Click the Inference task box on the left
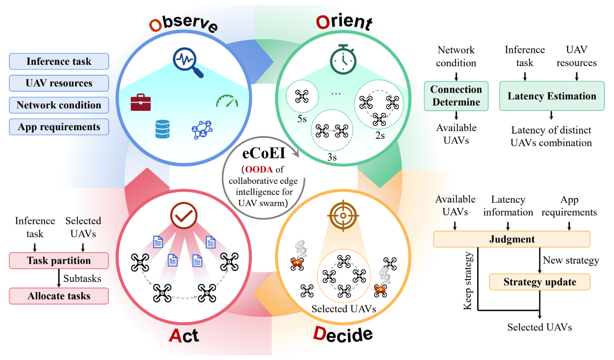pos(59,61)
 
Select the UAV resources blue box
pos(59,83)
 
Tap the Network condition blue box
pos(59,105)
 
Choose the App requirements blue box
pos(59,127)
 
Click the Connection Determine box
pos(456,96)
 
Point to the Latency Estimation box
pos(552,96)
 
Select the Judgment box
pos(511,239)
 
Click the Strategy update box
pos(539,282)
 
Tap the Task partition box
pos(59,261)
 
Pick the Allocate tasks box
pos(59,296)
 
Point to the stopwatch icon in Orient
pos(343,59)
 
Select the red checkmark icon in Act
pos(183,216)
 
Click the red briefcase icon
pos(140,103)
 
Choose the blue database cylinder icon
pos(162,130)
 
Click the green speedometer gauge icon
pos(227,101)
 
